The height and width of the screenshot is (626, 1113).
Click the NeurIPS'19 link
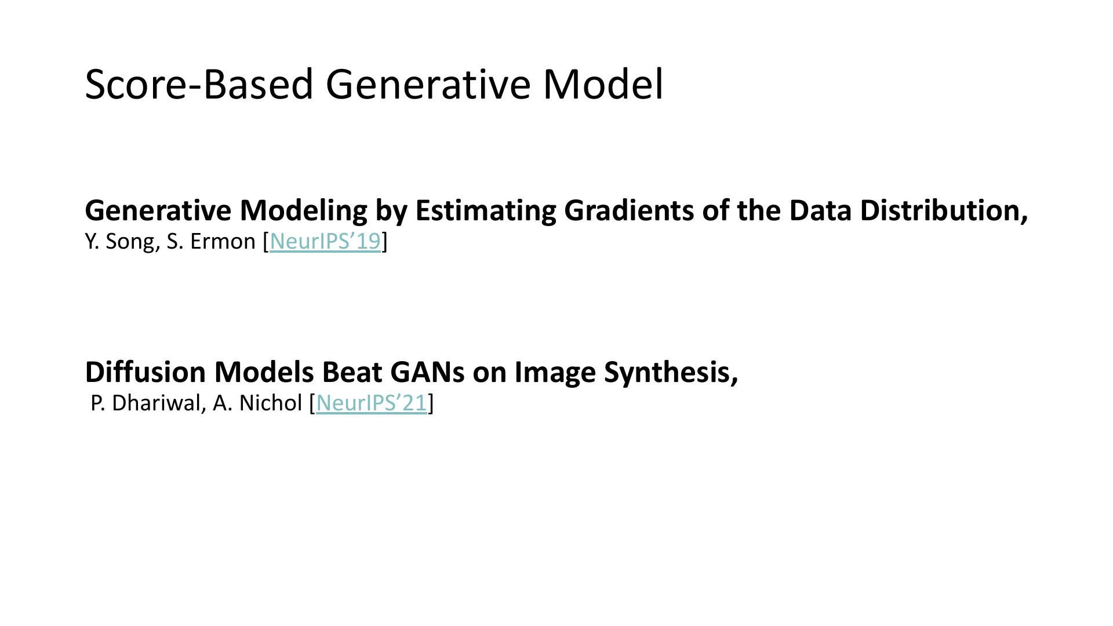coord(325,241)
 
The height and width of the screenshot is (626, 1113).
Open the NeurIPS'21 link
coord(372,403)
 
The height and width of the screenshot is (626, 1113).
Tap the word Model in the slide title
coord(603,84)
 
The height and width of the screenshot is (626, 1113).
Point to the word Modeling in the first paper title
coord(303,210)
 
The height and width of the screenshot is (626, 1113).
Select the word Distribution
coord(944,210)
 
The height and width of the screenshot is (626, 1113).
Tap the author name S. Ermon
coord(211,241)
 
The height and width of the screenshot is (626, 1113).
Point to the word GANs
coord(427,372)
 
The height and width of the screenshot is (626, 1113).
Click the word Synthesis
coord(671,372)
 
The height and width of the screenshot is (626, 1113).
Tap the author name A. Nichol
coord(257,403)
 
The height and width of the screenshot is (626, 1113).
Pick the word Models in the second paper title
coord(264,372)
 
